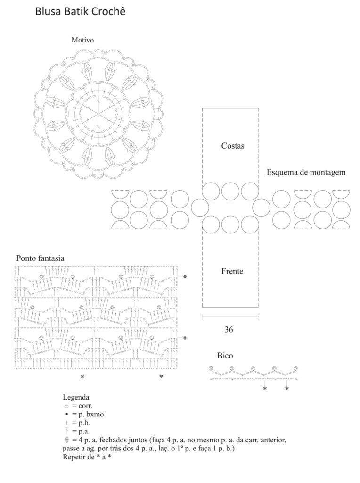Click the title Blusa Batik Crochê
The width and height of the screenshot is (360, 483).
[x=80, y=11]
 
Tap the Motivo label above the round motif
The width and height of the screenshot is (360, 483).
[x=82, y=40]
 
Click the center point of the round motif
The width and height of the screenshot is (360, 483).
[x=99, y=114]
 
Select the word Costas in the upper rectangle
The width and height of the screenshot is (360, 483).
[x=233, y=146]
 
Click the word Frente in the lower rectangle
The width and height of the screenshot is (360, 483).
[x=232, y=271]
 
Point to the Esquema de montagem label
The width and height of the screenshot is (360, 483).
[x=306, y=172]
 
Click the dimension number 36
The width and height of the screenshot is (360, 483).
[x=229, y=330]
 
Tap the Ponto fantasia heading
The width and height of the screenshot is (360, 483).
[x=41, y=258]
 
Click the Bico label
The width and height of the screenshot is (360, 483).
[x=225, y=356]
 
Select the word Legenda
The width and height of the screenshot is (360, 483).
[x=76, y=397]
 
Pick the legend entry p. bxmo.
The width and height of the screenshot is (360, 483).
[x=85, y=414]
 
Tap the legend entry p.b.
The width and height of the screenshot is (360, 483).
[x=78, y=423]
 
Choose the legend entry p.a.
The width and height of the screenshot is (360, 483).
[x=78, y=431]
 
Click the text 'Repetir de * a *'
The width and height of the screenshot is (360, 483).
[x=87, y=457]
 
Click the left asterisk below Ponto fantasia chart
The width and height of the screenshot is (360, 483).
[x=82, y=376]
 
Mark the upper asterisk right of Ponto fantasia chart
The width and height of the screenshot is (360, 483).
[x=185, y=276]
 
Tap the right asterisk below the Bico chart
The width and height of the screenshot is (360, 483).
[x=287, y=389]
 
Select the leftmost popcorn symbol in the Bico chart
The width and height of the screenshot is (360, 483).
[x=211, y=368]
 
